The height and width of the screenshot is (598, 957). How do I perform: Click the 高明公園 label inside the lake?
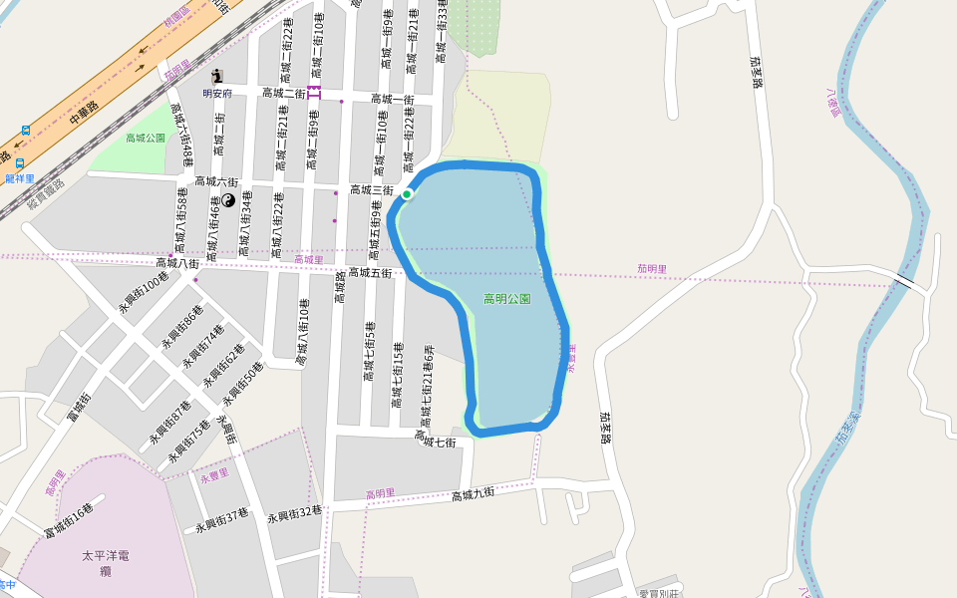[x=506, y=299]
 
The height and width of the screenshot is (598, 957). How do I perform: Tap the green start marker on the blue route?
[x=408, y=193]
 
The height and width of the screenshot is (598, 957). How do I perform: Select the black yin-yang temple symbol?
[x=228, y=201]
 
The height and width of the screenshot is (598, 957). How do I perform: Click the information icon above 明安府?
[x=217, y=77]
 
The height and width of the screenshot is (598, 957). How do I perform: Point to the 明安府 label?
[x=216, y=93]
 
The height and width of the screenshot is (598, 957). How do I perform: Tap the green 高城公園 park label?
[x=146, y=138]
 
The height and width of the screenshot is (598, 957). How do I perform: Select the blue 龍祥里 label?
[x=20, y=178]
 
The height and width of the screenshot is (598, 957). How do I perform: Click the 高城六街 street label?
[x=216, y=181]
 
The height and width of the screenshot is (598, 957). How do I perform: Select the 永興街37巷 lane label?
[x=221, y=521]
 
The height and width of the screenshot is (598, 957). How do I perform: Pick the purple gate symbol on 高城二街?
[x=314, y=92]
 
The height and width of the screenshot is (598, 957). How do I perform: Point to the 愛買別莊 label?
[x=657, y=593]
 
